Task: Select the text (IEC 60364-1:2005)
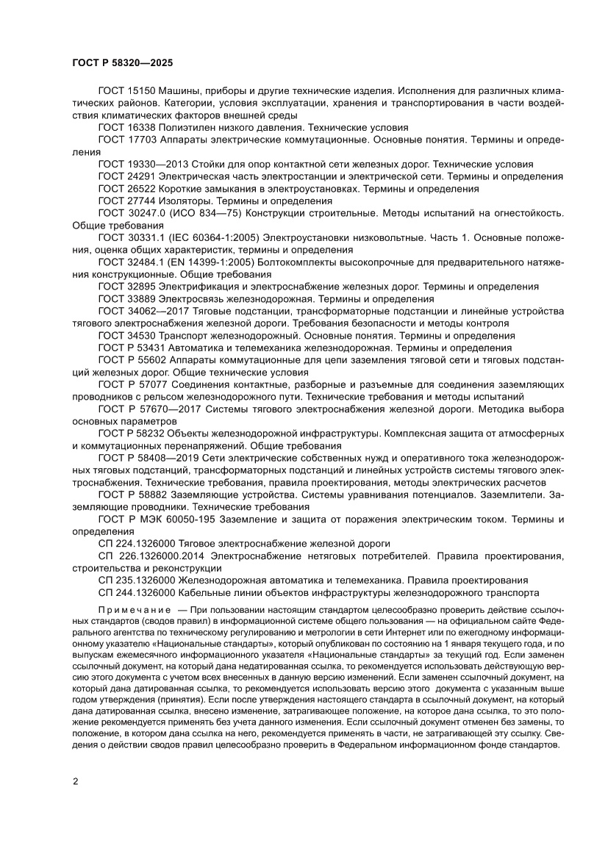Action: tap(219, 238)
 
